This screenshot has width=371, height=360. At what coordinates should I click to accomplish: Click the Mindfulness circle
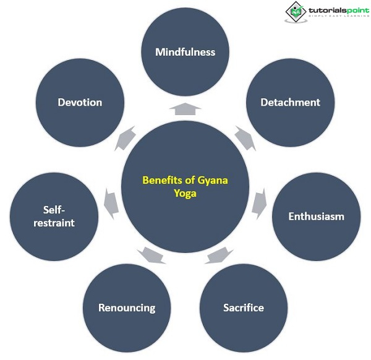click(x=185, y=52)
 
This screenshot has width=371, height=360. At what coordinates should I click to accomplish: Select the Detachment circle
click(x=290, y=102)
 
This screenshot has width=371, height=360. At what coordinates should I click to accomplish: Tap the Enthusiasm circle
click(x=316, y=216)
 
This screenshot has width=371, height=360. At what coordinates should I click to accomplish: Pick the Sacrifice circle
click(x=243, y=307)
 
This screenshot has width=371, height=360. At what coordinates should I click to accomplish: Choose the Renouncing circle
click(x=127, y=307)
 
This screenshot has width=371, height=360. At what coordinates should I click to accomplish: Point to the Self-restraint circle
click(x=54, y=216)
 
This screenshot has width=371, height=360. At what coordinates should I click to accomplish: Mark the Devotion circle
click(x=80, y=102)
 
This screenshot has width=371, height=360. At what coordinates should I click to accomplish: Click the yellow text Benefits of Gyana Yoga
click(x=185, y=186)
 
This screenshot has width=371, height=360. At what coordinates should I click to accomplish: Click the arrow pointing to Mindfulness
click(x=185, y=109)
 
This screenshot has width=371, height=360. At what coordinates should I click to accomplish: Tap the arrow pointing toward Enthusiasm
click(x=259, y=203)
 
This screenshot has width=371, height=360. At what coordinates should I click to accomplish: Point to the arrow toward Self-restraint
click(x=111, y=203)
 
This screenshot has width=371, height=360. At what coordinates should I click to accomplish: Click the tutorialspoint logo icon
click(x=296, y=11)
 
